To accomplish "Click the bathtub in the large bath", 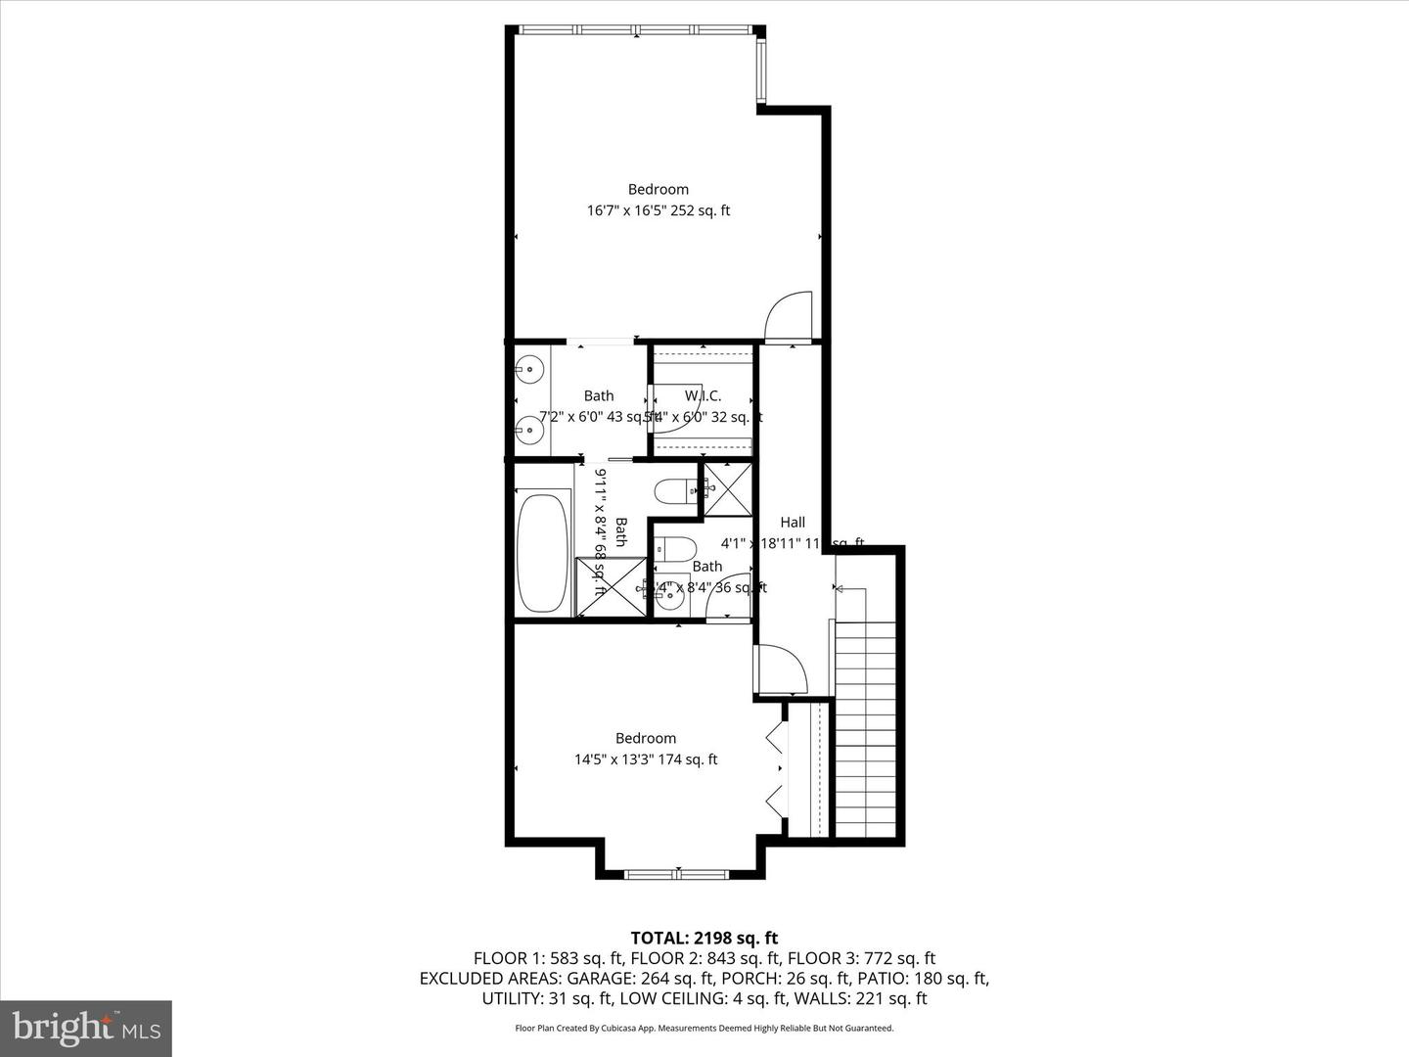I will (x=543, y=554).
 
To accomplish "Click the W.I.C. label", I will (x=703, y=395).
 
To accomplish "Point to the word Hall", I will (x=793, y=523).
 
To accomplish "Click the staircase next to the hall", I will (x=865, y=729).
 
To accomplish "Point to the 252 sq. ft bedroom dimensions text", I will (x=658, y=210).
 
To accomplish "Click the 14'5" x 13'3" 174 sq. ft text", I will (x=646, y=759).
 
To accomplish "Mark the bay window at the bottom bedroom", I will (x=677, y=873).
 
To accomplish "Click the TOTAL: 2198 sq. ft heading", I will (x=704, y=939).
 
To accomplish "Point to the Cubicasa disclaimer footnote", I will (x=704, y=1029).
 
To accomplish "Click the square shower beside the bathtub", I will (x=612, y=586).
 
